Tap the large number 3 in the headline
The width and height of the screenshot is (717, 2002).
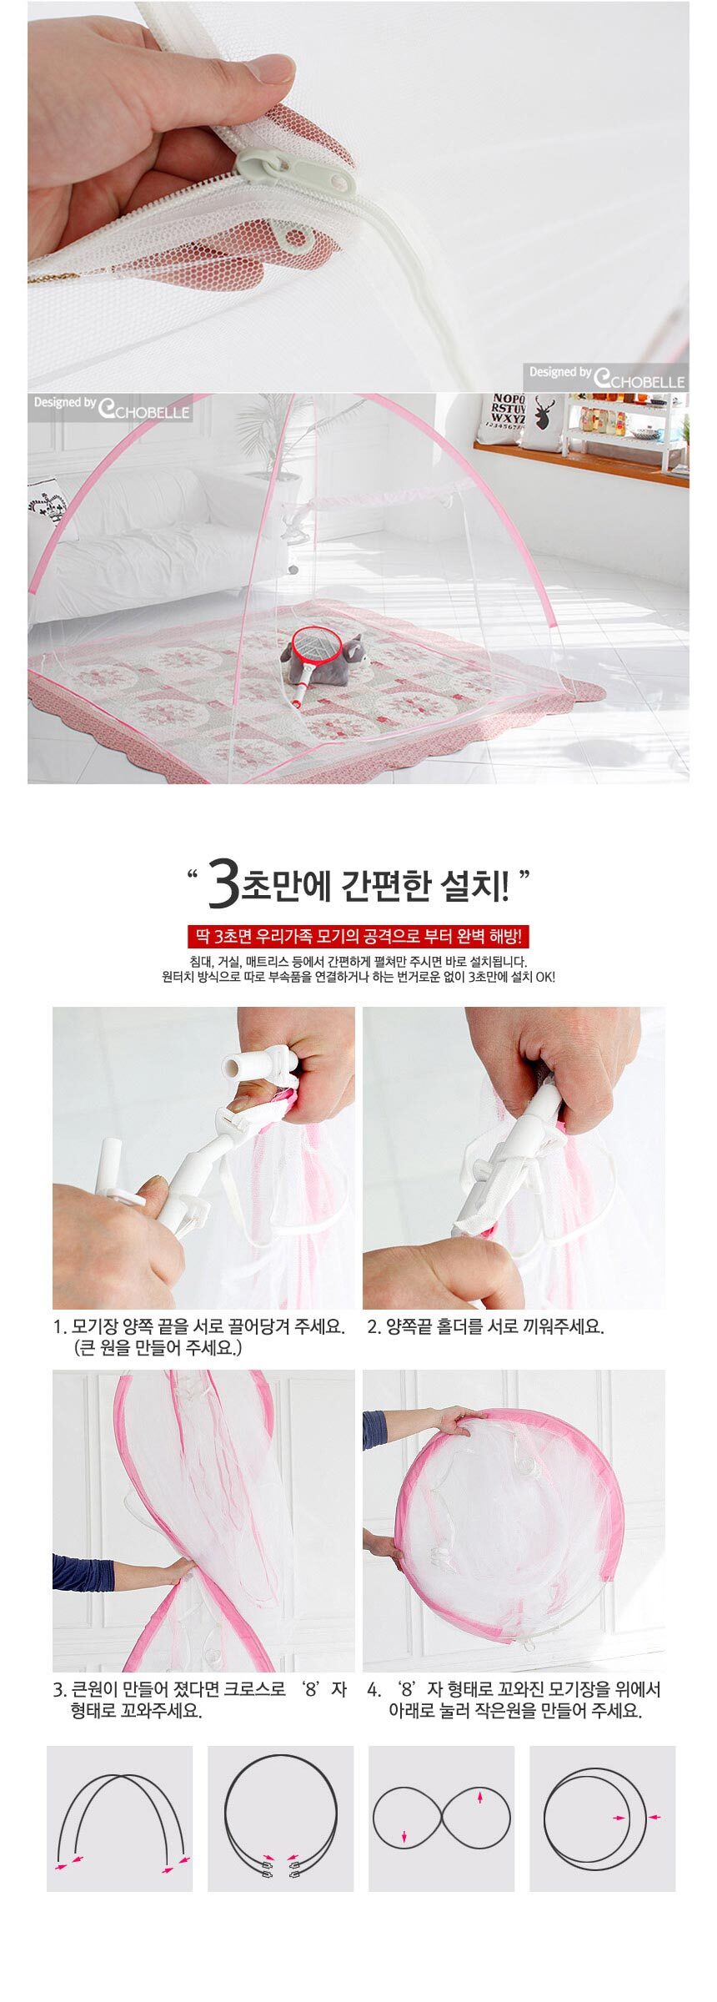pyautogui.click(x=223, y=887)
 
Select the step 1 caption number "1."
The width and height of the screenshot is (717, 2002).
pyautogui.click(x=59, y=1327)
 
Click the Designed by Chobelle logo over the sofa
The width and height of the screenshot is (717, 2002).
pyautogui.click(x=111, y=405)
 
